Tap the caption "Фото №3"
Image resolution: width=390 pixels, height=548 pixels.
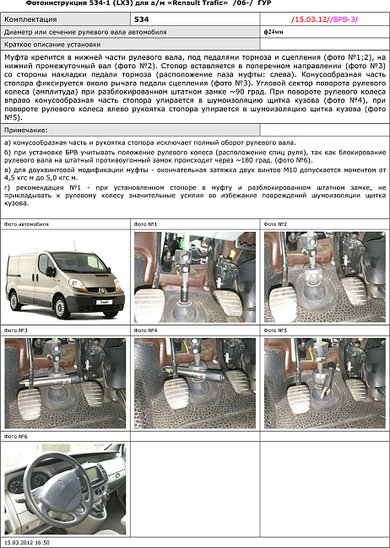pyautogui.click(x=16, y=330)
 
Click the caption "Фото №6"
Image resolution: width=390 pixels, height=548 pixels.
pyautogui.click(x=16, y=436)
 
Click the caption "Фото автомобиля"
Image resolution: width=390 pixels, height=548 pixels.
pyautogui.click(x=26, y=224)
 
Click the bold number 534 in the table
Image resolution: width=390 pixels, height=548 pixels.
pyautogui.click(x=143, y=17)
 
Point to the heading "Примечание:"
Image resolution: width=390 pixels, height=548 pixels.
pyautogui.click(x=26, y=131)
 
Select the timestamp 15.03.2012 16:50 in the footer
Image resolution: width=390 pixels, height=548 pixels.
pyautogui.click(x=27, y=543)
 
